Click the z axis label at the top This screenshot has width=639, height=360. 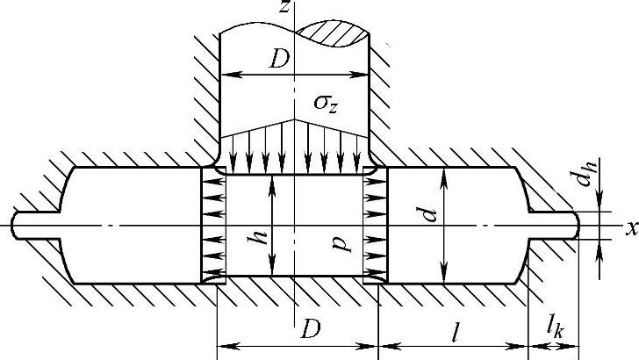pyautogui.click(x=286, y=8)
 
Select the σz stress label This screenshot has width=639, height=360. pyautogui.click(x=328, y=104)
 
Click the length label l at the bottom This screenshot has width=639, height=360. pyautogui.click(x=456, y=332)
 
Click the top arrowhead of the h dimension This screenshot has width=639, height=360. pyautogui.click(x=275, y=177)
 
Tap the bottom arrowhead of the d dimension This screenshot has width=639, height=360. pyautogui.click(x=445, y=277)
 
